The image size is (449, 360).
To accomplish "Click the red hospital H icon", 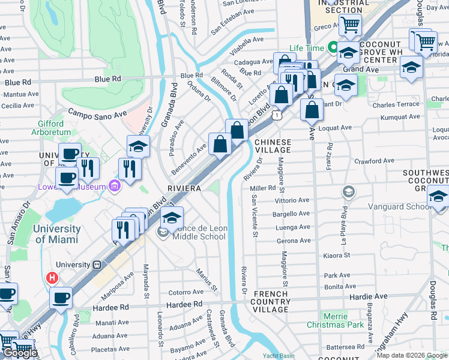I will (53, 278).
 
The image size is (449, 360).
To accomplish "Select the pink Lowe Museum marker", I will (114, 187).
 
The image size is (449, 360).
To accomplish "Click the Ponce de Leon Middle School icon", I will (163, 232).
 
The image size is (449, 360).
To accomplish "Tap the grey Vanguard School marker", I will (348, 191).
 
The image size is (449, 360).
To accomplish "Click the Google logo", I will (20, 353).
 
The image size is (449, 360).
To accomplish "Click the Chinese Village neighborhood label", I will (273, 146).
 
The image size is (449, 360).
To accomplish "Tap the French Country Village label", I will (270, 301).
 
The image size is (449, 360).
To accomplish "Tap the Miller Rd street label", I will (262, 188).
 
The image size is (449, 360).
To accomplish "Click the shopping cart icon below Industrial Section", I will (349, 25).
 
